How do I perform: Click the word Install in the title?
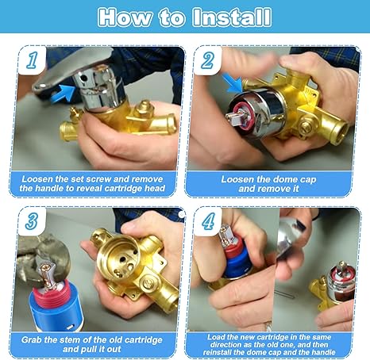tap(232, 17)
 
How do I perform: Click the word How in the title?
tap(125, 17)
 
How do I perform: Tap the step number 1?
tap(33, 60)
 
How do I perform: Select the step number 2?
tap(207, 60)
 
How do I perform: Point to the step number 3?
tap(32, 220)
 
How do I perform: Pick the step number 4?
tap(208, 220)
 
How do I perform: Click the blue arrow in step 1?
tap(63, 94)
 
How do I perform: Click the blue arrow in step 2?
tap(232, 83)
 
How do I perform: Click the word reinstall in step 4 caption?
tap(218, 352)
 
